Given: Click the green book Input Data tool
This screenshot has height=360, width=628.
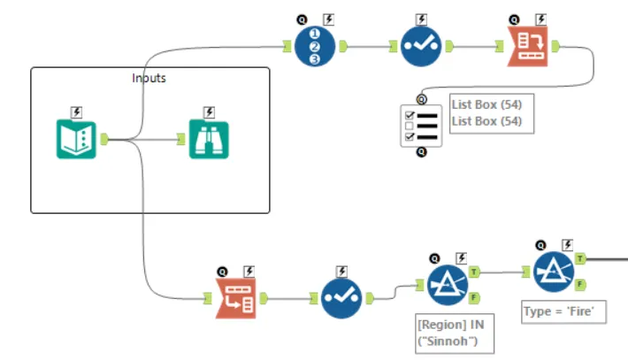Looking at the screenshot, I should click(x=76, y=139).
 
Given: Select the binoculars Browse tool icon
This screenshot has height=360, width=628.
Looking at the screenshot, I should click(x=209, y=139).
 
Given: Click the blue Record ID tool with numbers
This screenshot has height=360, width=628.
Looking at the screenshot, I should click(x=316, y=46).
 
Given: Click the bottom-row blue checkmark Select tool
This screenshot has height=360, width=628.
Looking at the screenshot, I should click(x=341, y=298).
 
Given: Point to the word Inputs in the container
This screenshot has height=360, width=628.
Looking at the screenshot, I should click(x=149, y=78).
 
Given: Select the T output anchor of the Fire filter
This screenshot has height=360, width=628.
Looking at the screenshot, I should click(x=580, y=258).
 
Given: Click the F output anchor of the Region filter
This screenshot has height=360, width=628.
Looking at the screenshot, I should click(x=474, y=297).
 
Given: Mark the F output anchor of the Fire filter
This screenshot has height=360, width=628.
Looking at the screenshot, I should click(x=580, y=284).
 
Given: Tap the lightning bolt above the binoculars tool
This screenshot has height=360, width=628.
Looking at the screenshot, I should click(x=209, y=111).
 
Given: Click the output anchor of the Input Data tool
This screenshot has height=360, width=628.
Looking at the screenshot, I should click(x=104, y=139).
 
